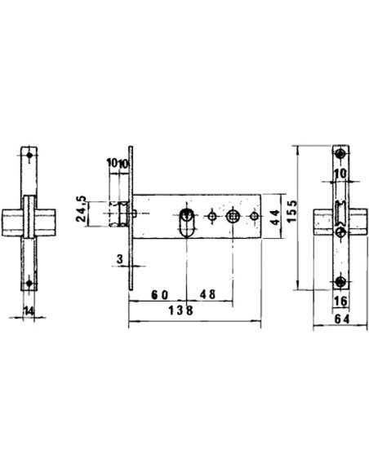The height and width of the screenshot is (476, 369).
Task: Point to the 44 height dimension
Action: point(275,216)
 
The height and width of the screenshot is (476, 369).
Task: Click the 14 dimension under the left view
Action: point(29,311)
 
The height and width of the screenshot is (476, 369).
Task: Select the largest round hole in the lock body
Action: point(233,216)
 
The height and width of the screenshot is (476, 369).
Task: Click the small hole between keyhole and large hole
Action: point(212,216)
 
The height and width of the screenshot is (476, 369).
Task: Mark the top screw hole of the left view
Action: point(29,155)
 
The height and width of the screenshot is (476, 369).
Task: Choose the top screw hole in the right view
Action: point(340,155)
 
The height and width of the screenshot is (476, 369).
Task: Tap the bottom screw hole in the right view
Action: point(340,282)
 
